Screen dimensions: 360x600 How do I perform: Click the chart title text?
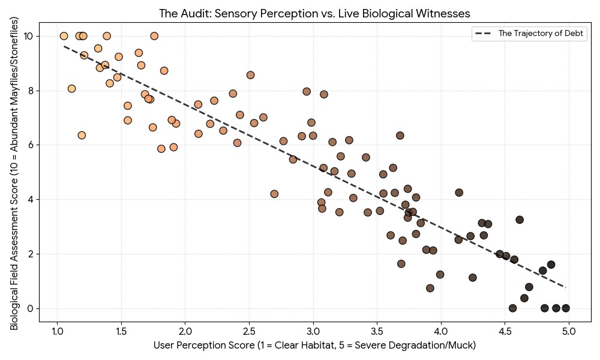click(314, 13)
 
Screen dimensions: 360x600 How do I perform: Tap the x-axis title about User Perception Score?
click(314, 345)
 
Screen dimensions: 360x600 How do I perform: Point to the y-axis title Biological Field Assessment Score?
click(14, 173)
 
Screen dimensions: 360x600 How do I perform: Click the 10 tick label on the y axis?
click(28, 36)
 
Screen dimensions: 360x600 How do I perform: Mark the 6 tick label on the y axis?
click(31, 145)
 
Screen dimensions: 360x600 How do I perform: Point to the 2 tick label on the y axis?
click(31, 254)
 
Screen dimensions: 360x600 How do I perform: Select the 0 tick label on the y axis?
click(31, 308)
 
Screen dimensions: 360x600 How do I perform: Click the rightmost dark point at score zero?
click(566, 308)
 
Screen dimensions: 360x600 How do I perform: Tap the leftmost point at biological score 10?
click(64, 36)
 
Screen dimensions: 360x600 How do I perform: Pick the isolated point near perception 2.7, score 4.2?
click(274, 194)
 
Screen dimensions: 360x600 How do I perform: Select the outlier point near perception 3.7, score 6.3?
click(400, 136)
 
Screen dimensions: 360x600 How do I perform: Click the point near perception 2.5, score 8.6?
click(250, 75)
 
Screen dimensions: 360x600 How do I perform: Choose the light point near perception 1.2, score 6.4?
click(82, 135)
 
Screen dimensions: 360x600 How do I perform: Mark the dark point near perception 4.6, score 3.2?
click(520, 220)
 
